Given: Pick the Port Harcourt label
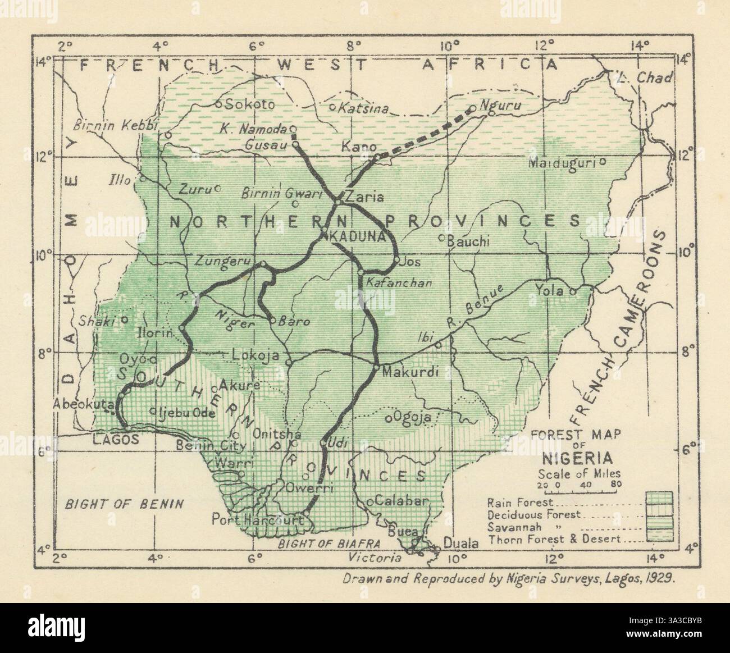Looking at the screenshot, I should [x=261, y=520].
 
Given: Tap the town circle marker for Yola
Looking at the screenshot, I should [x=573, y=292].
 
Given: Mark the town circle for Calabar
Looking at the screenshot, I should [x=370, y=501].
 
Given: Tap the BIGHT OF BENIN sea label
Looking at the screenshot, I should [x=125, y=503].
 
